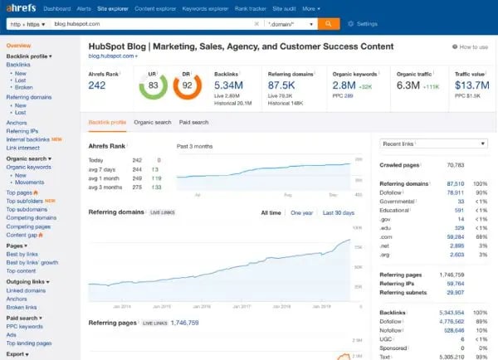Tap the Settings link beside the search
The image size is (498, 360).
point(361,24)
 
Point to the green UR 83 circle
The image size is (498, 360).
point(154,85)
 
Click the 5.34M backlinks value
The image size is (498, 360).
point(230,85)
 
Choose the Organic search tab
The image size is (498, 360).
point(153,122)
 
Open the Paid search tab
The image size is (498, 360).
point(193,122)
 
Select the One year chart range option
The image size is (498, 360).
point(301,212)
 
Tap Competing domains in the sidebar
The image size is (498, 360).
point(32,218)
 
